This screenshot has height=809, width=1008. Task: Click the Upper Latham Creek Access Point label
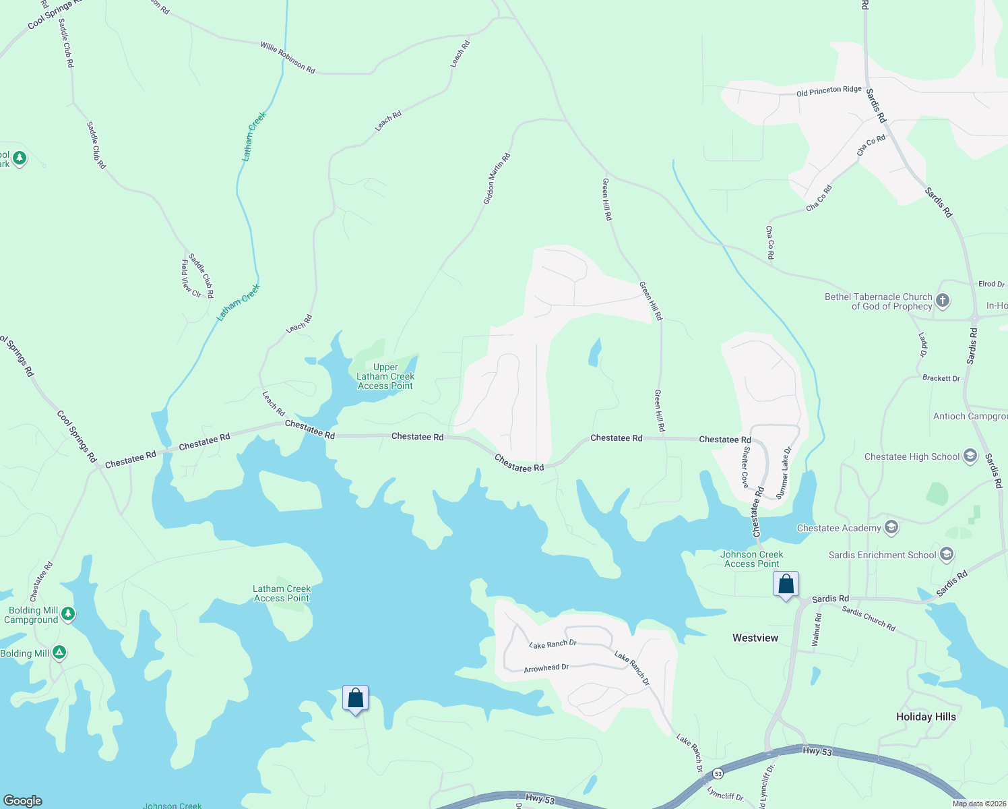pyautogui.click(x=385, y=377)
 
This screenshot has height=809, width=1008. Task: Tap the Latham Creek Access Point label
pyautogui.click(x=282, y=593)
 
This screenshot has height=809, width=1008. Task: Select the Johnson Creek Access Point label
pyautogui.click(x=752, y=559)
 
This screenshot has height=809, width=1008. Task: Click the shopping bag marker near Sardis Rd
pyautogui.click(x=786, y=585)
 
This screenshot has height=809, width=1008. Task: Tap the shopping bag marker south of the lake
pyautogui.click(x=355, y=698)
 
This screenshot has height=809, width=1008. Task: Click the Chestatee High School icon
pyautogui.click(x=970, y=456)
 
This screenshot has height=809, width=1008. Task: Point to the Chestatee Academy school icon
pyautogui.click(x=891, y=527)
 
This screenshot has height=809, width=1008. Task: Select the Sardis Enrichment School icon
pyautogui.click(x=947, y=554)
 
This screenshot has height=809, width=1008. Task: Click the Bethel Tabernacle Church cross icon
pyautogui.click(x=943, y=301)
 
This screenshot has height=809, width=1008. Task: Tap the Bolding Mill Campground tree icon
pyautogui.click(x=67, y=613)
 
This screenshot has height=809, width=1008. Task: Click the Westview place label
pyautogui.click(x=755, y=638)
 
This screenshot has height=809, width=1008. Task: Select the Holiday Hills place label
pyautogui.click(x=926, y=717)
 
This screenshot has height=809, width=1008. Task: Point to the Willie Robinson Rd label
pyautogui.click(x=288, y=57)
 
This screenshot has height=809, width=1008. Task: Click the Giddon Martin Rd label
pyautogui.click(x=497, y=179)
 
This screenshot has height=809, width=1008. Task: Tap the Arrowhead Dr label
pyautogui.click(x=546, y=667)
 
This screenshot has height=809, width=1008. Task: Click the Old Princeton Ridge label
pyautogui.click(x=829, y=90)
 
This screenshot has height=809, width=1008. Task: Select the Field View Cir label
pyautogui.click(x=191, y=278)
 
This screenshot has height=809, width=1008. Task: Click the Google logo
pyautogui.click(x=22, y=800)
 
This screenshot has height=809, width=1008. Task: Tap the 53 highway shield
pyautogui.click(x=718, y=773)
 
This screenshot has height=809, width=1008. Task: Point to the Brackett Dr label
pyautogui.click(x=941, y=378)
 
